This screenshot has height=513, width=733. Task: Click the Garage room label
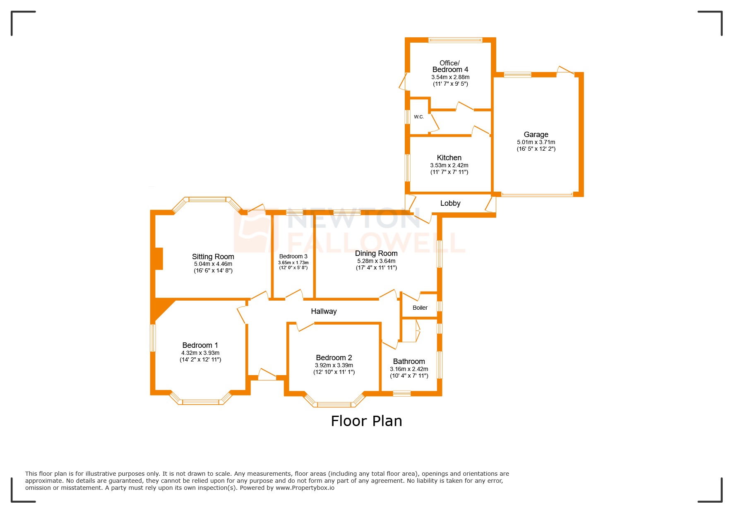pos(536,135)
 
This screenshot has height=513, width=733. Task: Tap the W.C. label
pos(418,117)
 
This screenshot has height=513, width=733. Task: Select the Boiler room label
pos(420,308)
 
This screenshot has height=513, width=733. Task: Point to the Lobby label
pos(450,203)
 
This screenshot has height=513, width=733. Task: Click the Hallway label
pos(324,311)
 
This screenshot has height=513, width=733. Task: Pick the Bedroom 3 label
pos(293,256)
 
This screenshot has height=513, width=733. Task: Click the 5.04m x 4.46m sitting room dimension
pos(213,264)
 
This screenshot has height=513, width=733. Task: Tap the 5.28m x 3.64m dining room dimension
pos(376,261)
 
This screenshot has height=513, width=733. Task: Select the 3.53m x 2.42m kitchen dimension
pos(449,165)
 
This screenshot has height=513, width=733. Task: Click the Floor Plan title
pos(366,421)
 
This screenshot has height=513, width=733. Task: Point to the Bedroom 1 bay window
pos(201,401)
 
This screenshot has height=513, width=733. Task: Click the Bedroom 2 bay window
pos(334,404)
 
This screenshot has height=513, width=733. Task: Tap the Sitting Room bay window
pos(207,200)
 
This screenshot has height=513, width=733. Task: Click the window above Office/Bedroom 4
pos(455,40)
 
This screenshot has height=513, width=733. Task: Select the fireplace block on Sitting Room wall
pos(158,259)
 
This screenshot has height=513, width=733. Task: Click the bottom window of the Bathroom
pos(401,393)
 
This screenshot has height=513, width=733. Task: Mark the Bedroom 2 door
pos(305,327)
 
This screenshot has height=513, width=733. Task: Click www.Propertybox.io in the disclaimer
pos(305,488)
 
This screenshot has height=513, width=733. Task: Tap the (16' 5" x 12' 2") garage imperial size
pos(536,149)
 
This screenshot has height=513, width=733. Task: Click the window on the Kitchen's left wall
pos(408,168)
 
